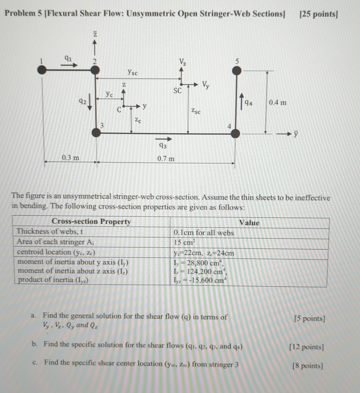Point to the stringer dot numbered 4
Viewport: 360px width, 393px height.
[x=236, y=133]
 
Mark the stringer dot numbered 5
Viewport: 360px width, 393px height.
[x=237, y=71]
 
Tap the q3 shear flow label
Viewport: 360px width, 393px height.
[x=163, y=146]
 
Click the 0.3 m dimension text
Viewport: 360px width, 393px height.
[x=70, y=158]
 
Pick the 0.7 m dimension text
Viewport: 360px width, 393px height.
[x=166, y=159]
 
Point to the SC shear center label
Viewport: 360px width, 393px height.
[x=177, y=91]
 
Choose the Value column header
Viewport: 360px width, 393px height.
[x=249, y=223]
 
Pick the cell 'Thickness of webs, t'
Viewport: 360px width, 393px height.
[x=50, y=232]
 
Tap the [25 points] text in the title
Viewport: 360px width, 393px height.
[x=318, y=14]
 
